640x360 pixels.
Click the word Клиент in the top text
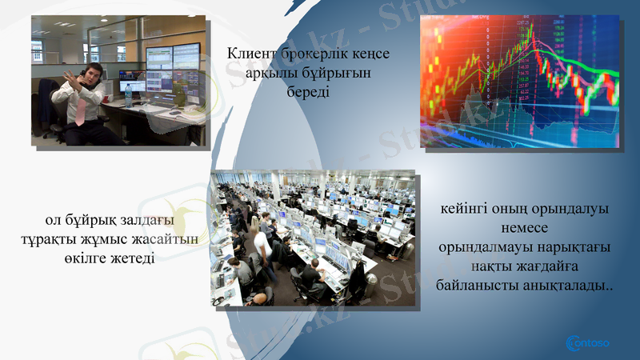(250, 54)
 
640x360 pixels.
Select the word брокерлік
(313, 54)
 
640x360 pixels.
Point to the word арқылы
(270, 73)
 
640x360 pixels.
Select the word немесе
(526, 229)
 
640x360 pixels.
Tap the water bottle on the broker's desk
(127, 95)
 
